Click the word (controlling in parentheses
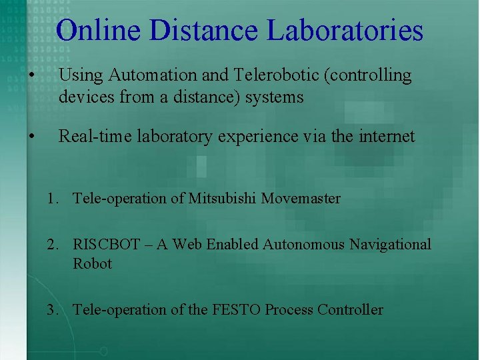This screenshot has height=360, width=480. (371, 76)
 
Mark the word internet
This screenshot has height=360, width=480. (385, 137)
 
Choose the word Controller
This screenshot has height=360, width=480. (351, 309)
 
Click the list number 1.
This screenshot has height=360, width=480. (51, 199)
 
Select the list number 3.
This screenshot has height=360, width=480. (51, 309)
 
